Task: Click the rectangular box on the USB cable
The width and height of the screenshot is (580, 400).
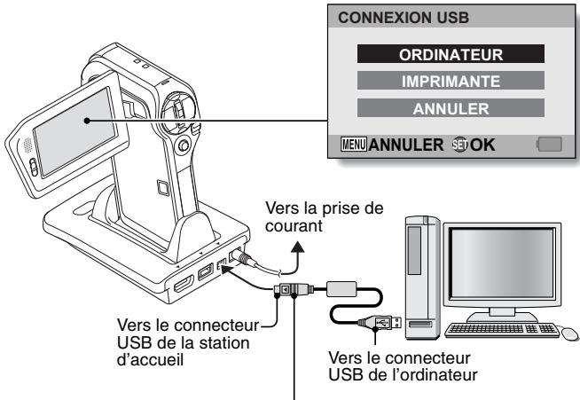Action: (341, 289)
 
